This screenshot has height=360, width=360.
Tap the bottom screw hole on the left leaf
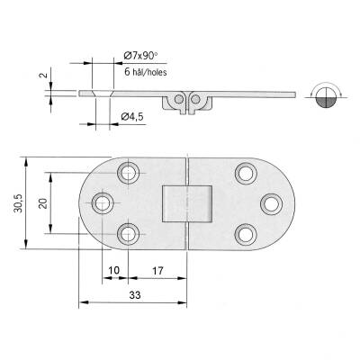[128, 235]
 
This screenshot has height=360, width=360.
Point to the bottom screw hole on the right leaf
[243, 235]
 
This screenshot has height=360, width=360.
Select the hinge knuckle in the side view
[185, 101]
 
